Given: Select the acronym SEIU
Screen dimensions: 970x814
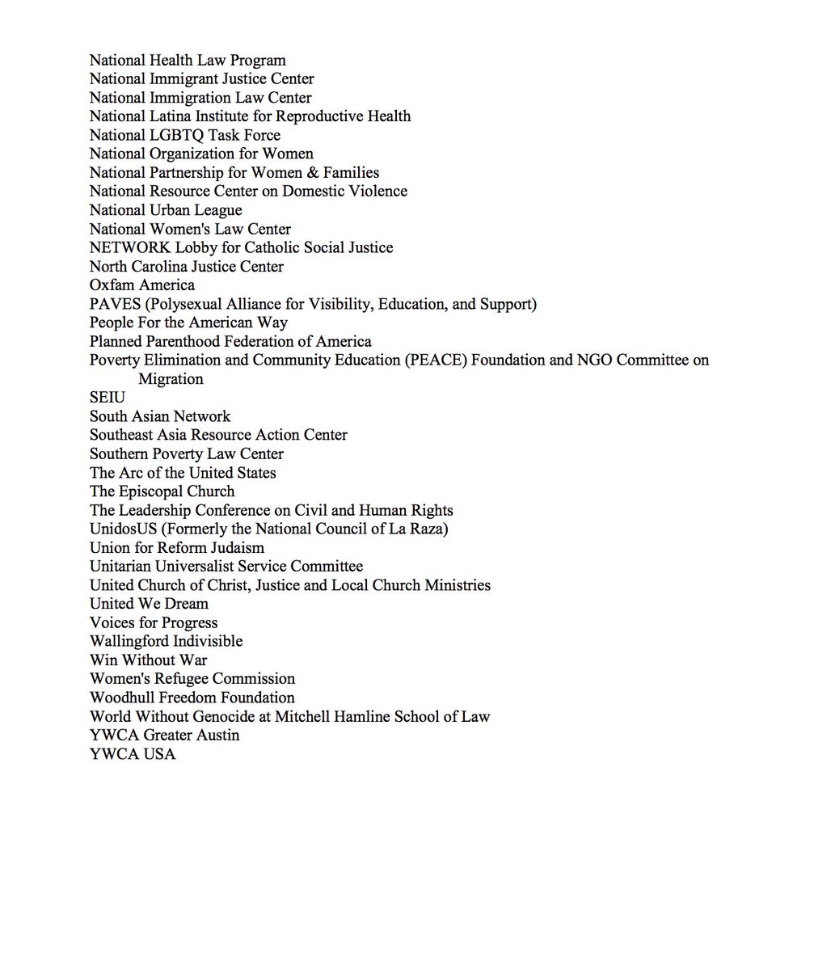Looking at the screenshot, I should [x=107, y=398].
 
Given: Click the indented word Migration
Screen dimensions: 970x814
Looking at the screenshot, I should [x=171, y=379].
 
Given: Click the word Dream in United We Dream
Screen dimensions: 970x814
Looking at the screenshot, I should [x=186, y=605].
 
